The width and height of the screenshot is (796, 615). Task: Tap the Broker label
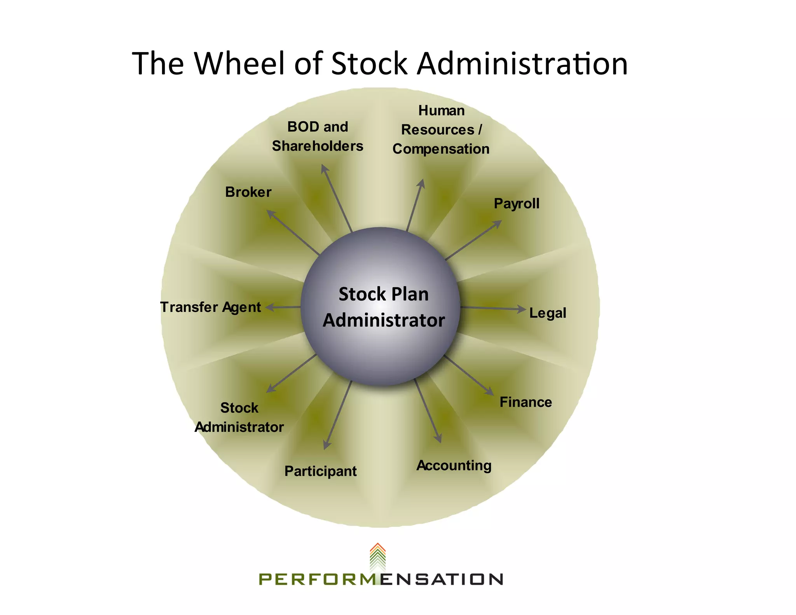248,192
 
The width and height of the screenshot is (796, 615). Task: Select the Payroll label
517,203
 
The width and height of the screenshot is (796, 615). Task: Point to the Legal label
548,313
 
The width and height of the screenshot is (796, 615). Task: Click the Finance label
525,402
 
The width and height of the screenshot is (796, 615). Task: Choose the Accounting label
454,465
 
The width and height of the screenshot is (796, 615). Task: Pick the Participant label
320,471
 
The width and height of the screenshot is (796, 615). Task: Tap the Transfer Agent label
210,307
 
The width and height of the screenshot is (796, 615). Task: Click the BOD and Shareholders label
318,136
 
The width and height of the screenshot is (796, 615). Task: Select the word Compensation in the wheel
441,149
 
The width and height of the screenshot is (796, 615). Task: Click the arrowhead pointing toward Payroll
497,224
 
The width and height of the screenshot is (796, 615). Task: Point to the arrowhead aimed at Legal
522,309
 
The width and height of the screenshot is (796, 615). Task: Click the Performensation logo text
381,579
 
